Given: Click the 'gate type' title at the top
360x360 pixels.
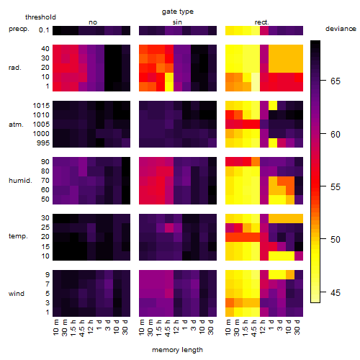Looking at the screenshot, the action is [178, 12].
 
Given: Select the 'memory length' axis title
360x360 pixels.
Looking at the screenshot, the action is [177, 350].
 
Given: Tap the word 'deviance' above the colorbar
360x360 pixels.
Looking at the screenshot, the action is [341, 29].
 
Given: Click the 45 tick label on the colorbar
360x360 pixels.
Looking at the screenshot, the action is [336, 292].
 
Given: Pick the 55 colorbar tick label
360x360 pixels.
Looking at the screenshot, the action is [336, 186].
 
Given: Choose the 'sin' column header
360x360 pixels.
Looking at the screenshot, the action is [177, 22].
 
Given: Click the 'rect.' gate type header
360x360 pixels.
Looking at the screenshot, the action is [262, 22].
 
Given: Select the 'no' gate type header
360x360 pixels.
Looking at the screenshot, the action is [93, 22].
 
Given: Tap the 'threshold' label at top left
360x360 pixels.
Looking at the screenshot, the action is [40, 17].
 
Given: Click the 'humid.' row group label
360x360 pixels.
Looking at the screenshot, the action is [20, 181].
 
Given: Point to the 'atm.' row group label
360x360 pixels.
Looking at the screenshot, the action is [16, 125].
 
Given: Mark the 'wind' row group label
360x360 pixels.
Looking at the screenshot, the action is [17, 294].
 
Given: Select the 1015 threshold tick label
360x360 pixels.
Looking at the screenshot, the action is [41, 106].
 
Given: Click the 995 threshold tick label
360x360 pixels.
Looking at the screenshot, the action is [43, 143].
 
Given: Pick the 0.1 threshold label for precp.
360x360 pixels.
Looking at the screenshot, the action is [44, 30].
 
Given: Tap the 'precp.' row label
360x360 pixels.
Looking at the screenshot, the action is [19, 29].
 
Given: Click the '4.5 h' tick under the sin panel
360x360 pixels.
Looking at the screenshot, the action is [168, 328].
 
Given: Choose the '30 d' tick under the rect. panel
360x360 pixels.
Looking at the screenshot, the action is [297, 328].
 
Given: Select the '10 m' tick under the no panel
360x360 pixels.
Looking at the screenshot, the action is [55, 328].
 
